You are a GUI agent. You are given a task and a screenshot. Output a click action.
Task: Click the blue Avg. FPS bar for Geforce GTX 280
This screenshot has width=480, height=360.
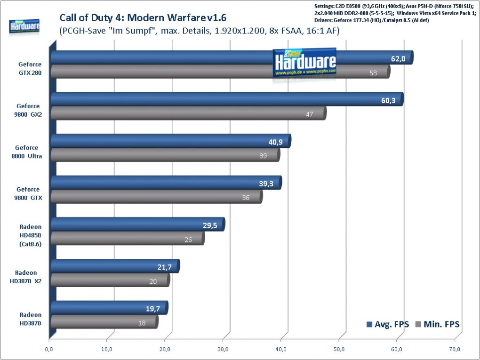point(232,57)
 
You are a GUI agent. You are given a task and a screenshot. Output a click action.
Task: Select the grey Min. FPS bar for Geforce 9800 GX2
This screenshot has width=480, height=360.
point(189,113)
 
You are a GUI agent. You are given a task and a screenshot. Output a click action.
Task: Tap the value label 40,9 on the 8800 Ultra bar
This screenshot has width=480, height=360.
point(275,142)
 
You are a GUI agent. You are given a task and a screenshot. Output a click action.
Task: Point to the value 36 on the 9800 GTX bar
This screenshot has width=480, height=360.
point(246,198)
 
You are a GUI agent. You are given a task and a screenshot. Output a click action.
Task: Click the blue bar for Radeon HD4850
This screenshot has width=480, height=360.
point(138,224)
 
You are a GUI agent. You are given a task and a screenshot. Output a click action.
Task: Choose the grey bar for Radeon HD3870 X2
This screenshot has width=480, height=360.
point(110,280)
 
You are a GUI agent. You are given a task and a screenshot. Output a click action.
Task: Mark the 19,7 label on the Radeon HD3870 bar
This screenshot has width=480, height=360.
point(153,309)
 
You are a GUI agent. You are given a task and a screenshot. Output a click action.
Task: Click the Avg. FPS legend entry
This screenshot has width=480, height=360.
point(388,324)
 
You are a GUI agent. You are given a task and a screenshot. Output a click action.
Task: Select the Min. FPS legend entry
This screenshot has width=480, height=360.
point(438,324)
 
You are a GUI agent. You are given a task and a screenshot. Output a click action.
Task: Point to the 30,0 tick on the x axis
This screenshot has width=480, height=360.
point(223,349)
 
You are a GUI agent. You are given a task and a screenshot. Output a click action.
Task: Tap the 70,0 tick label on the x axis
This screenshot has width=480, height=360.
point(455,349)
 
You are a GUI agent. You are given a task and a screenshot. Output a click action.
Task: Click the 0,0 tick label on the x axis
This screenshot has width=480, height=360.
point(49,349)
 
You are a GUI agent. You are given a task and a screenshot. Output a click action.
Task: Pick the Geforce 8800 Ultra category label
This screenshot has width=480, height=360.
point(27,152)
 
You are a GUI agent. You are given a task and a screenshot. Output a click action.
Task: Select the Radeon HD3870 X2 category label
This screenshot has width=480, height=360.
point(26,277)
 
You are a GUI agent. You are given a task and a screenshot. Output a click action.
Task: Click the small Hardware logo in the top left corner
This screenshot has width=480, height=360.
point(24,27)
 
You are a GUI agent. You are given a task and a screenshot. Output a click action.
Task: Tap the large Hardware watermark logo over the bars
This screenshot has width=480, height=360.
point(304,63)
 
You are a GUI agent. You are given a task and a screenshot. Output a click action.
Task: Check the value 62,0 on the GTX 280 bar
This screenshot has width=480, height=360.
point(398,59)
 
